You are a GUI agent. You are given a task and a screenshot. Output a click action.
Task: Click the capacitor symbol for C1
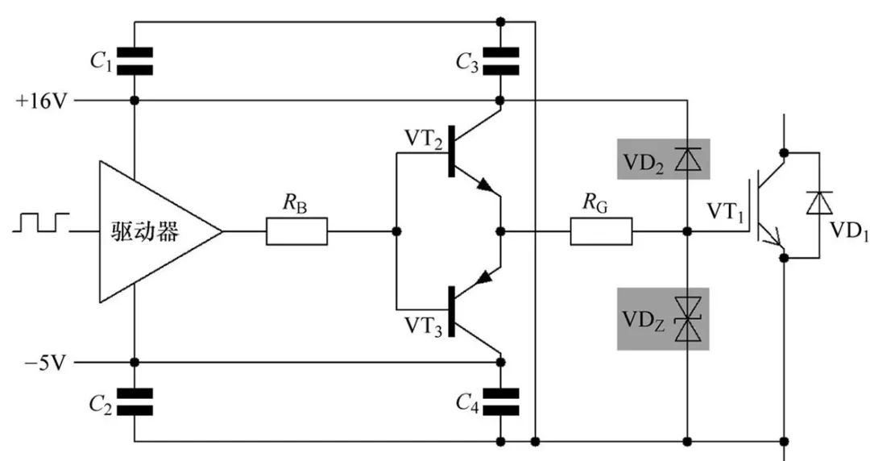point(135,60)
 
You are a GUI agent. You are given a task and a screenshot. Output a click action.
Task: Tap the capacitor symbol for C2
point(135,401)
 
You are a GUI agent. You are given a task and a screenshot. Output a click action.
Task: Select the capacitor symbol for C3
point(500,60)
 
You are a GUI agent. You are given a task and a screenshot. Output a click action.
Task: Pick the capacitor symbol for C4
point(500,401)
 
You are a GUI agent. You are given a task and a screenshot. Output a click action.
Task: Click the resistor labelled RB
point(296,232)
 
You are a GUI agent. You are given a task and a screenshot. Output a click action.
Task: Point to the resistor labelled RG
point(601,232)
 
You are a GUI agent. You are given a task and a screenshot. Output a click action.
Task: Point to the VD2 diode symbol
point(687,159)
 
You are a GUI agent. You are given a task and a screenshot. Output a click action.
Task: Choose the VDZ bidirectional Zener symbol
point(687,319)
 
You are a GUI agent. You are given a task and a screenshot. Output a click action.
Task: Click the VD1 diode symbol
point(820,203)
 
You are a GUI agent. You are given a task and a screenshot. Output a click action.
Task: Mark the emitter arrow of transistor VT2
point(486,187)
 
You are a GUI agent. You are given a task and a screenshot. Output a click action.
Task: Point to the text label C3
point(468,62)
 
